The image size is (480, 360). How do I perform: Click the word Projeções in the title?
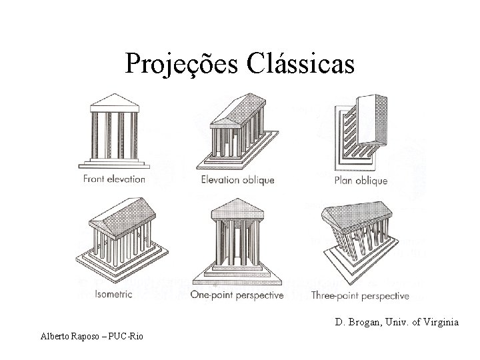pos(182,65)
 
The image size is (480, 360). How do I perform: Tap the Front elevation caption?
pos(113,179)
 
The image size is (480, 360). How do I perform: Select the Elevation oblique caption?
pos(237,180)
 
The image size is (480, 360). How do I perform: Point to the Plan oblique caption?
pos(361,180)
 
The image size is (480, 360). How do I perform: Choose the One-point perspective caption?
pos(237,294)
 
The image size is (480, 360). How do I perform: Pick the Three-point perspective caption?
pos(360,294)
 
